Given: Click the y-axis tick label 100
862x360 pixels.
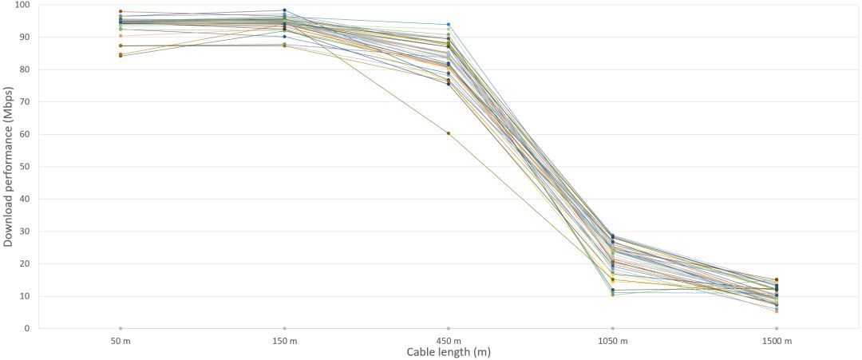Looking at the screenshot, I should click(22, 5).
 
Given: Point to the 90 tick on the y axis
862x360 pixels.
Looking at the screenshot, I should click(24, 37).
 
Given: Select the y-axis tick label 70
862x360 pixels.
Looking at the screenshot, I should click(24, 101).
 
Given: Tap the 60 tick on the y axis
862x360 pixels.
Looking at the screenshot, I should click(24, 134).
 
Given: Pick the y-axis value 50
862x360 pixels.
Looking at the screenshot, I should click(24, 167).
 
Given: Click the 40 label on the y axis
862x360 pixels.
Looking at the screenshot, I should click(24, 199).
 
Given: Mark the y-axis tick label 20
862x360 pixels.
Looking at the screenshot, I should click(24, 263).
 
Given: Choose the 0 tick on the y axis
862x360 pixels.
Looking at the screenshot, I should click(26, 328).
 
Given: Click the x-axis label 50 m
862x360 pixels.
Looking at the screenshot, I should click(121, 342).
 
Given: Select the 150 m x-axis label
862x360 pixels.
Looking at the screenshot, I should click(284, 342).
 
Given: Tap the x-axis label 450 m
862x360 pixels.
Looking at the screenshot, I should click(449, 342).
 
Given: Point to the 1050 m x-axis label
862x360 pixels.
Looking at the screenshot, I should click(612, 342).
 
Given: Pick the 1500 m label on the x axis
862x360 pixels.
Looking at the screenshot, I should click(777, 342).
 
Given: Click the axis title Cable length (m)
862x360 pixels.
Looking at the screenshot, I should click(449, 352).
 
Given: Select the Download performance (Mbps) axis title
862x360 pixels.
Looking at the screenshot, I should click(8, 166).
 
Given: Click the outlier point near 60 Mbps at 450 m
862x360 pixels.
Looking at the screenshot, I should click(449, 133).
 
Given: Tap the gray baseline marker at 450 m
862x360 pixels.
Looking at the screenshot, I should click(449, 328).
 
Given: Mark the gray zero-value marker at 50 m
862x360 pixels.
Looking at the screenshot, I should click(121, 328).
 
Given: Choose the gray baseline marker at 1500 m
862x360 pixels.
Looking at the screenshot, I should click(777, 328).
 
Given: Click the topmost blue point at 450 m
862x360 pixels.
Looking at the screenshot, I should click(449, 25).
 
